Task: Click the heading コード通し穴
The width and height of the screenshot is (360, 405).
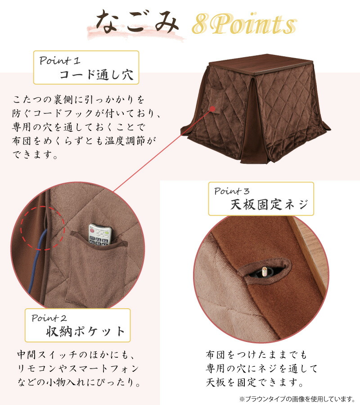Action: [96, 74]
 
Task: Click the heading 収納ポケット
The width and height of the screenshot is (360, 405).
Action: [85, 332]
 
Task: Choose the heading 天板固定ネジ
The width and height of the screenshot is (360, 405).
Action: [269, 205]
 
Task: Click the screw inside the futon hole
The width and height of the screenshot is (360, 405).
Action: [264, 271]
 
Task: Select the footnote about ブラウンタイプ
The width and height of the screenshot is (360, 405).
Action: [297, 399]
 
